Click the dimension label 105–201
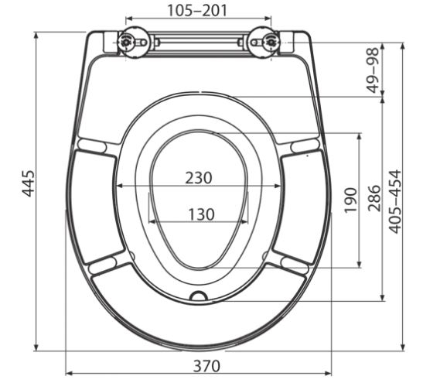[x=197, y=10]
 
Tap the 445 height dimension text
[x=29, y=183]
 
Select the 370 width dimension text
[x=206, y=366]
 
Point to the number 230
[x=199, y=178]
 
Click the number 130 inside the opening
[x=201, y=214]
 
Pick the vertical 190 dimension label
[x=351, y=200]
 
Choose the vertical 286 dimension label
[x=375, y=198]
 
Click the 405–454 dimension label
[x=394, y=201]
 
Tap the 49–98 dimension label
[x=374, y=70]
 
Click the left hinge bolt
[x=126, y=42]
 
